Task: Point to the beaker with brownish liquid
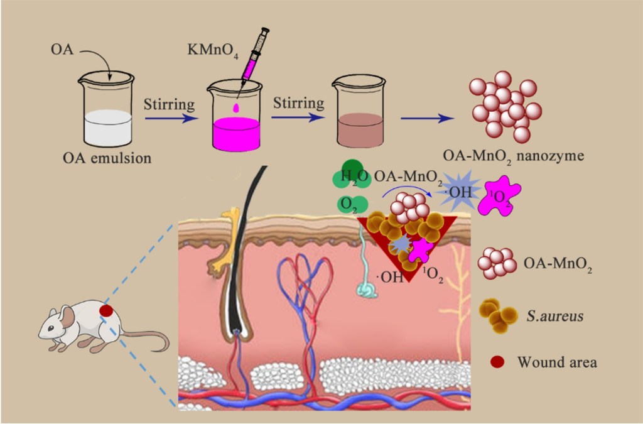pyautogui.click(x=357, y=113)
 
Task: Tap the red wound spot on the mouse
pyautogui.click(x=107, y=310)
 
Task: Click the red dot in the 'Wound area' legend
pyautogui.click(x=497, y=362)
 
